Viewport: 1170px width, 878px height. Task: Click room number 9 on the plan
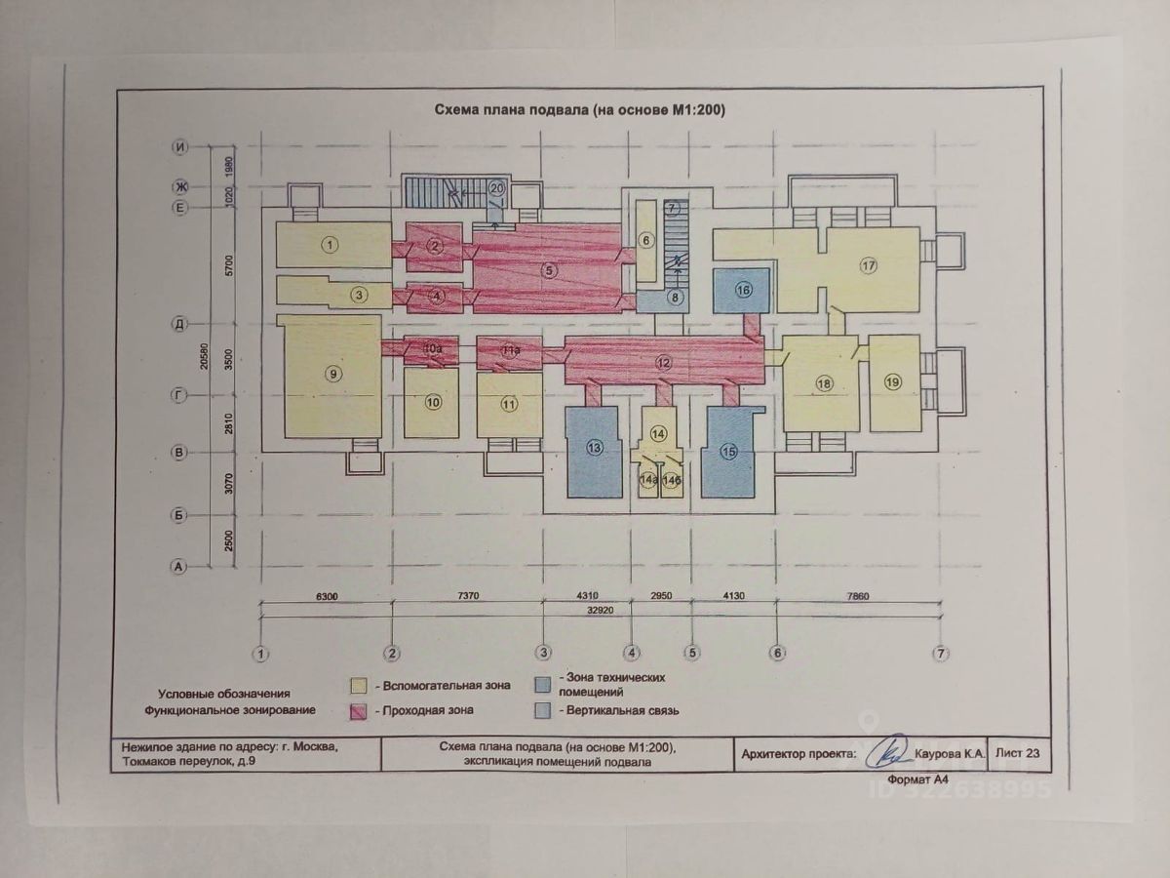[333, 373]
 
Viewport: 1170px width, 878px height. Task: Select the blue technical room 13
[594, 448]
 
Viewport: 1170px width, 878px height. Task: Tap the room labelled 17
[869, 264]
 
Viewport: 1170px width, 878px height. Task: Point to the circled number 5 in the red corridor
[550, 271]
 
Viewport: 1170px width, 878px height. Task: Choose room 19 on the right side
[893, 382]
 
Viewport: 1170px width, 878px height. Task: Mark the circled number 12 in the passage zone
[664, 363]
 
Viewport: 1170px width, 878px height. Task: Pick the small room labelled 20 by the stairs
[497, 187]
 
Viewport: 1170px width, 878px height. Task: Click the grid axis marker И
[179, 146]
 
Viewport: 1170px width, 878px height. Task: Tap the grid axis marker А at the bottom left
[178, 565]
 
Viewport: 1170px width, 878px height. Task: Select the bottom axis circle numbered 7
[941, 653]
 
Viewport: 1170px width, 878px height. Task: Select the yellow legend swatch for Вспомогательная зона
[359, 685]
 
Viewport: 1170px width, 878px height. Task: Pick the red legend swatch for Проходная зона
[359, 711]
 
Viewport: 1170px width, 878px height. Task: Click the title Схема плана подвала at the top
[579, 111]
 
